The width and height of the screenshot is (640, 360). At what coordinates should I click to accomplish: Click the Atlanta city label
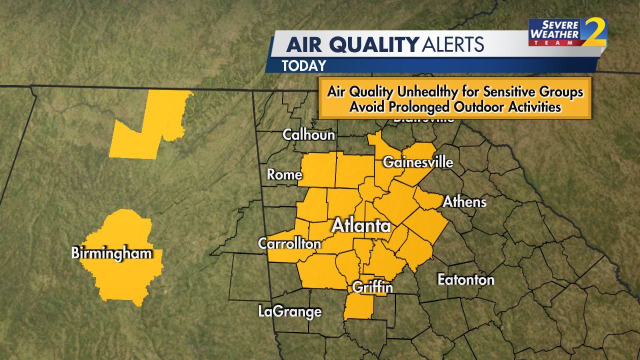click(361, 225)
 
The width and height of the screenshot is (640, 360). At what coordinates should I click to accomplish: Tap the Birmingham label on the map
click(111, 253)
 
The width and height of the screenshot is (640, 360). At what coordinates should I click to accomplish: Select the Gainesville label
click(418, 162)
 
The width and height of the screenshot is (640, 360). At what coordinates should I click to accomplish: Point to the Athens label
click(464, 201)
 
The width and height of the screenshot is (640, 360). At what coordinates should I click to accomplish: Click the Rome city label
click(284, 174)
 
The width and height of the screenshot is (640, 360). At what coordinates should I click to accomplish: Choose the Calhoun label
click(308, 134)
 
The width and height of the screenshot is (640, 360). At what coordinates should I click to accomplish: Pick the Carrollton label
click(289, 243)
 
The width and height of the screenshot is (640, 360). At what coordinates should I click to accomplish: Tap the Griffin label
click(372, 287)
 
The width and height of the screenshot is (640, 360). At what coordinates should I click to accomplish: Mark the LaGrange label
click(290, 312)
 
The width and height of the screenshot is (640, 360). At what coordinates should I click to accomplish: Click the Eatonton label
click(466, 279)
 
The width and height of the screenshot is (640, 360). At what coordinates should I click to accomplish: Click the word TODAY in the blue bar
click(304, 65)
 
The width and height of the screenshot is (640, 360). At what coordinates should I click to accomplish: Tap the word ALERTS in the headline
click(453, 45)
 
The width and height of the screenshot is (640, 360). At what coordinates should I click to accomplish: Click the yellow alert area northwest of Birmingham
click(150, 125)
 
